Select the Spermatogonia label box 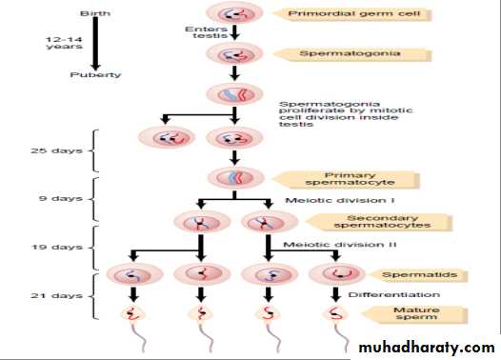pyautogui.click(x=351, y=53)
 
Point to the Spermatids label pyautogui.click(x=418, y=275)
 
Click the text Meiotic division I pyautogui.click(x=340, y=201)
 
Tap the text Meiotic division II pyautogui.click(x=340, y=245)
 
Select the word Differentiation pyautogui.click(x=394, y=294)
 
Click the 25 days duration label pyautogui.click(x=56, y=150)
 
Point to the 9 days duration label pyautogui.click(x=61, y=198)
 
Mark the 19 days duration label pyautogui.click(x=57, y=247)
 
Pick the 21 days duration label pyautogui.click(x=56, y=296)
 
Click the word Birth pyautogui.click(x=95, y=13)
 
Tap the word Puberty pyautogui.click(x=95, y=74)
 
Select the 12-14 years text pyautogui.click(x=64, y=43)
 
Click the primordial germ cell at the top pyautogui.click(x=234, y=13)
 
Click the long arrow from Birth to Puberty pyautogui.click(x=95, y=44)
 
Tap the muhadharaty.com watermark pyautogui.click(x=427, y=348)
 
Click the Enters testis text pyautogui.click(x=207, y=32)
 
